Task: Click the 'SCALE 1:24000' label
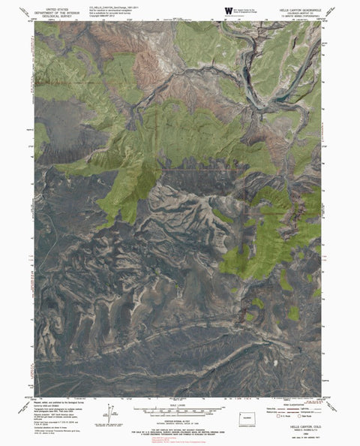pyautogui.click(x=180, y=403)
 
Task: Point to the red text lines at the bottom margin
pyautogui.click(x=180, y=441)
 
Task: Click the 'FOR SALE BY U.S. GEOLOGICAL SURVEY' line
pyautogui.click(x=180, y=427)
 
